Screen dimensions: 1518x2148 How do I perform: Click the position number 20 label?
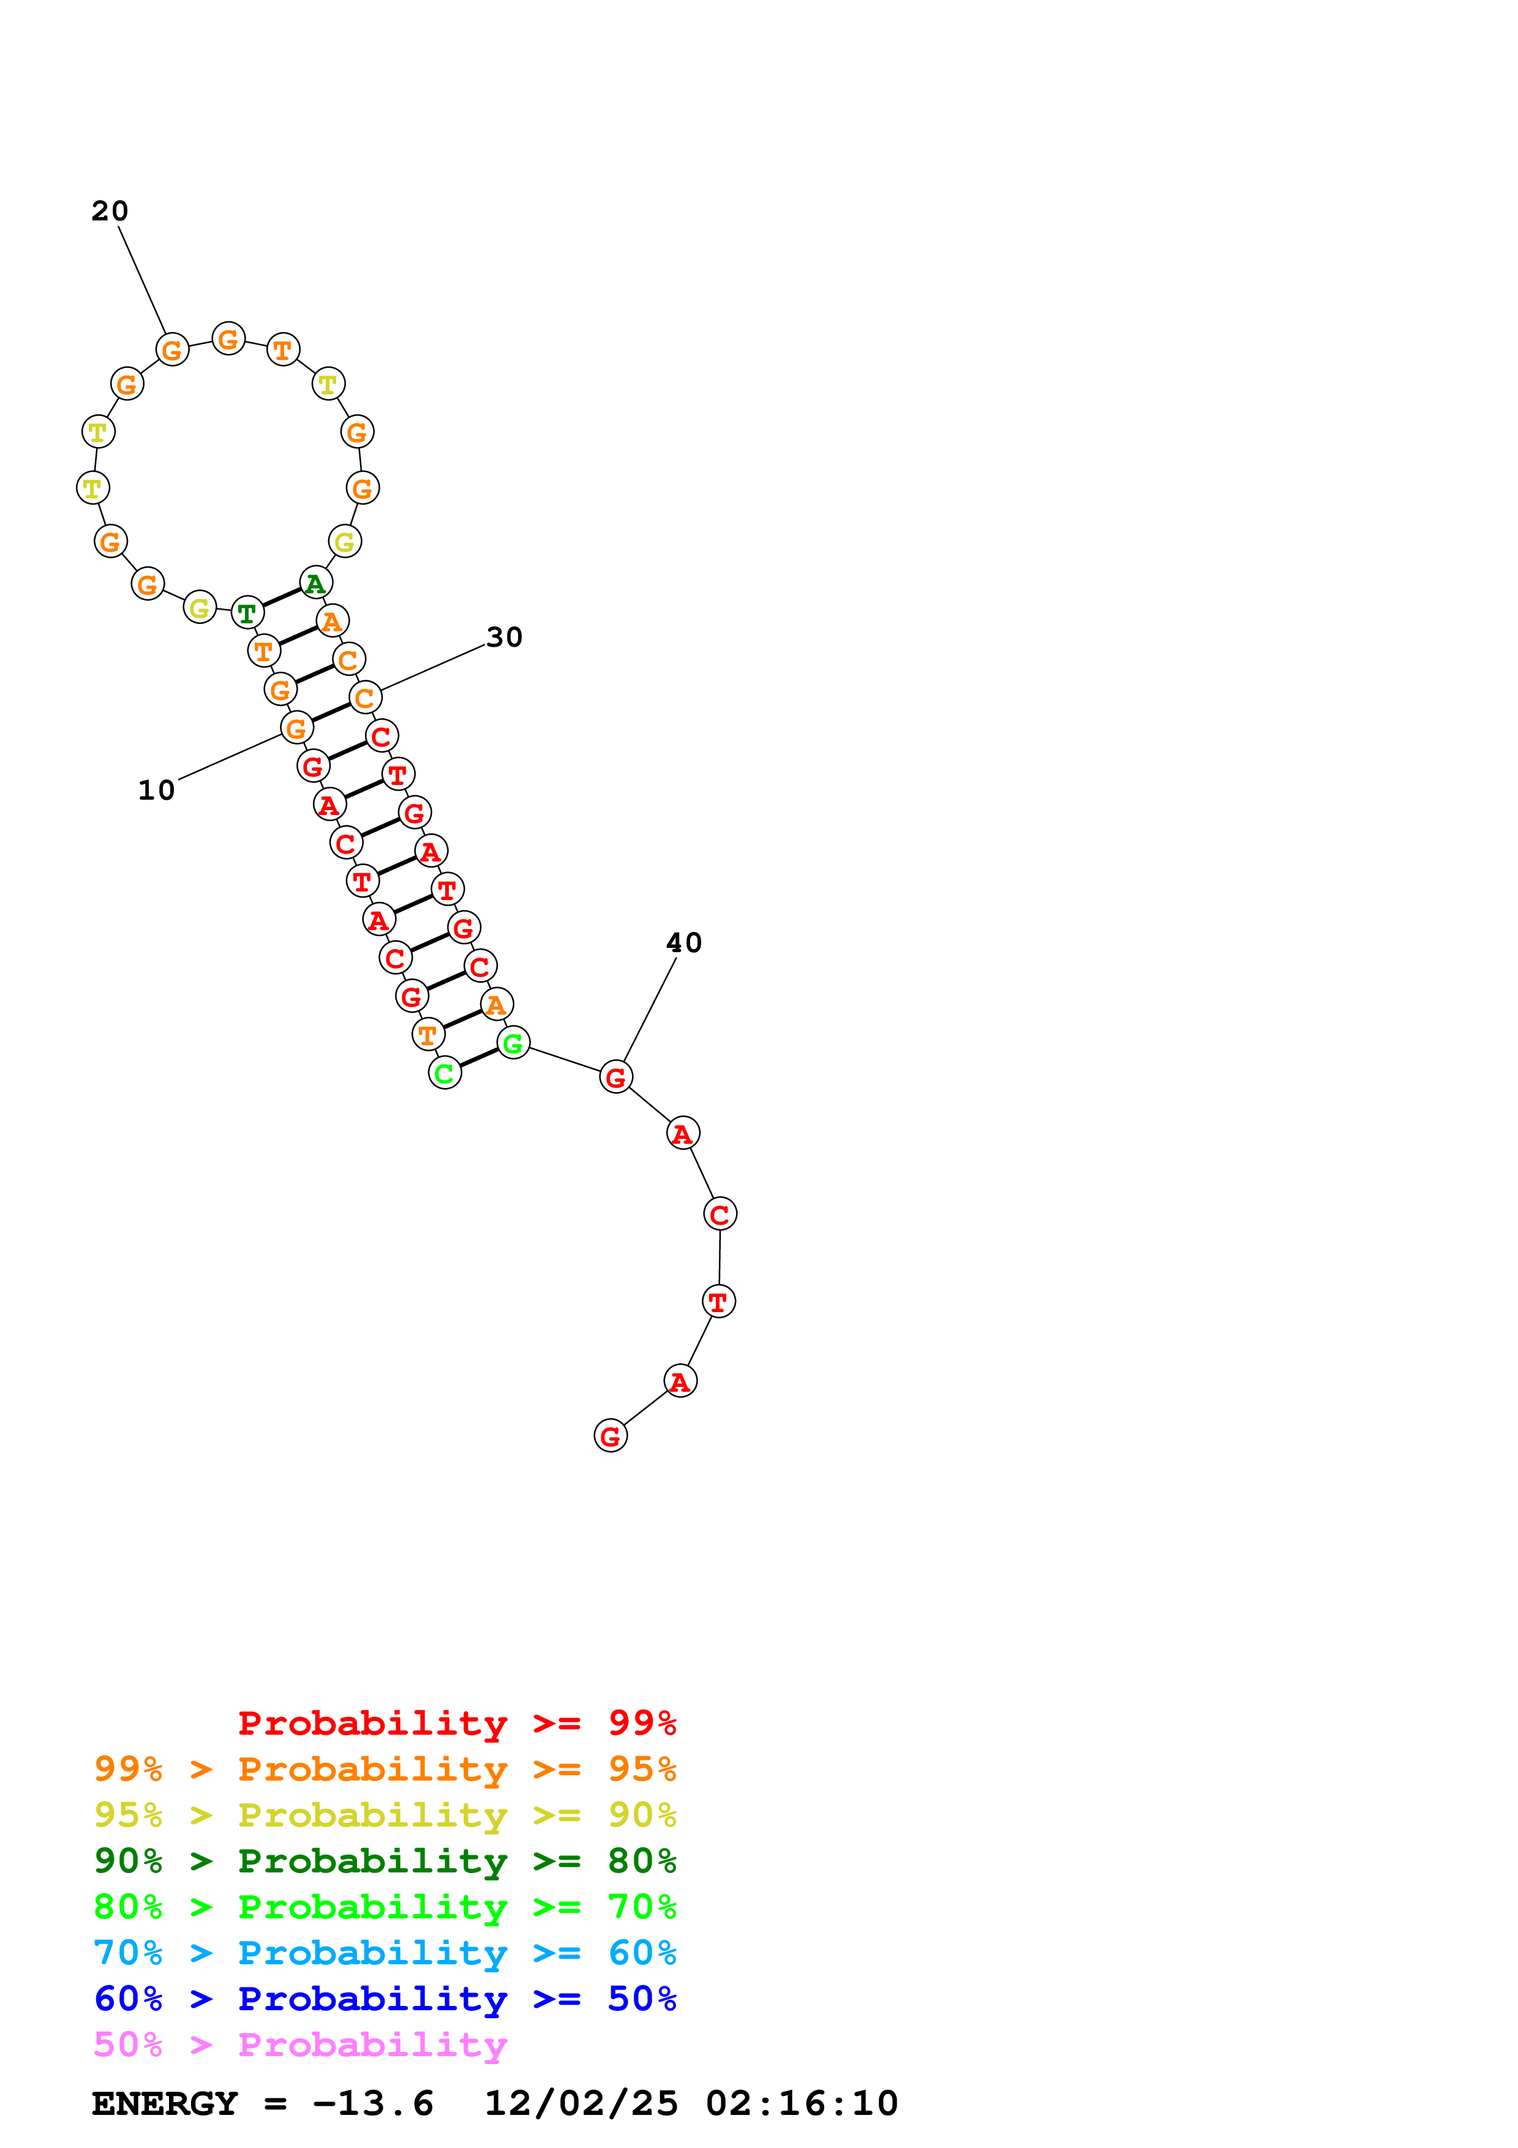pos(110,211)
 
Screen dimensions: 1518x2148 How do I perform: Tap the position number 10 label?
pos(156,790)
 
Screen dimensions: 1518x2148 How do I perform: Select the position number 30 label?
pos(504,637)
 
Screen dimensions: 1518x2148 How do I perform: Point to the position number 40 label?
pos(684,943)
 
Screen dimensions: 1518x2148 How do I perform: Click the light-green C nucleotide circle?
pos(445,1073)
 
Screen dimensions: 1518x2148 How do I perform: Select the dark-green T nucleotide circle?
pos(247,613)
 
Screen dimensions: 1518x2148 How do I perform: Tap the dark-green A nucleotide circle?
pos(316,583)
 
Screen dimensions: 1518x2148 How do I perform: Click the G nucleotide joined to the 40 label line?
pos(615,1077)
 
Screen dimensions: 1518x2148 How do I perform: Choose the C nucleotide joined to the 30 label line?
pos(365,697)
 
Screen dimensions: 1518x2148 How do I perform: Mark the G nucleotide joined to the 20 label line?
pos(172,350)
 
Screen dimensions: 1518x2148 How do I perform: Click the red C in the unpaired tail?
pos(720,1214)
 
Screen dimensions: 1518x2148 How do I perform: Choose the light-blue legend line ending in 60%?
pos(385,1953)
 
